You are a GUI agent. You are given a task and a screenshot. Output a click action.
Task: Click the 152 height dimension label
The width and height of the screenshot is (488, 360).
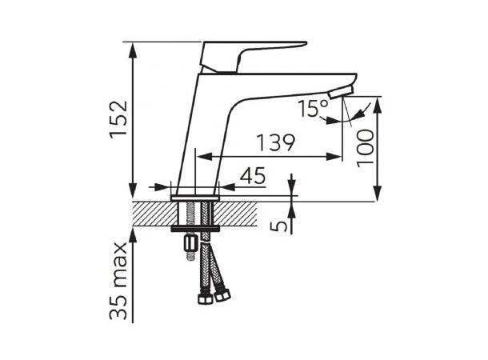point(118,118)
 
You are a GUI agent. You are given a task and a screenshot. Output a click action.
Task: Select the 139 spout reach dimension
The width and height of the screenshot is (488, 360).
point(275,143)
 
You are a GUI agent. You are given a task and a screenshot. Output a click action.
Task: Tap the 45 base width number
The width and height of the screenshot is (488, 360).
point(253,176)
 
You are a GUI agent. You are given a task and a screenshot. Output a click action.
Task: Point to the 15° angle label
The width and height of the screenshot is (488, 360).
point(313,108)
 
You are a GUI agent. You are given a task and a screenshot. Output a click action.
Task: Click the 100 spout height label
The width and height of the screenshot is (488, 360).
point(365,149)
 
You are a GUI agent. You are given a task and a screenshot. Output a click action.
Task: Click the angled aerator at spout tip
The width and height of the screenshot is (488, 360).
point(342,93)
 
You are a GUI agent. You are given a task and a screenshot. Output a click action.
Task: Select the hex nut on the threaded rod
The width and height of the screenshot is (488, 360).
point(191,243)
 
